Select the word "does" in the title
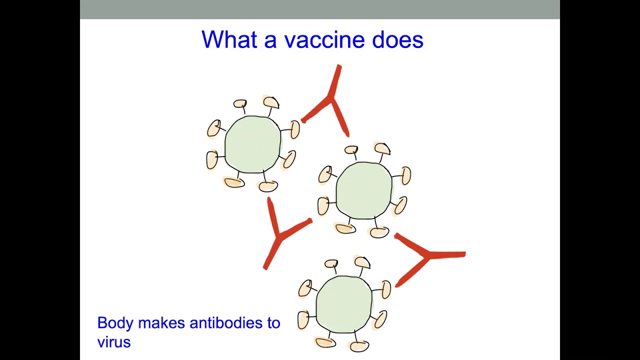tap(397, 40)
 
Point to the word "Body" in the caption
tap(115, 323)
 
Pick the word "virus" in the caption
tap(114, 342)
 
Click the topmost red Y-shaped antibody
tap(330, 100)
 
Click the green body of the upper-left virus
tap(253, 144)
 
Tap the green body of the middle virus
tap(364, 190)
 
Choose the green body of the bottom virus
tap(344, 303)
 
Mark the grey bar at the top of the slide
tap(320, 9)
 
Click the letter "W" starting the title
tap(211, 40)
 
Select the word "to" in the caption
tap(273, 323)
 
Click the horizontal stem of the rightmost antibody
tap(447, 255)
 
